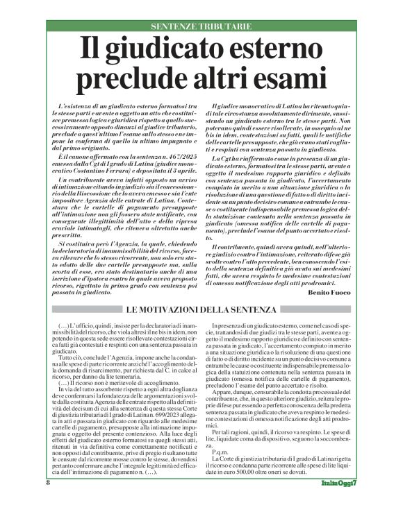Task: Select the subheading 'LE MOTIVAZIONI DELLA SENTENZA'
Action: pyautogui.click(x=201, y=309)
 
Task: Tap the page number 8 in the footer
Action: pyautogui.click(x=49, y=501)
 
